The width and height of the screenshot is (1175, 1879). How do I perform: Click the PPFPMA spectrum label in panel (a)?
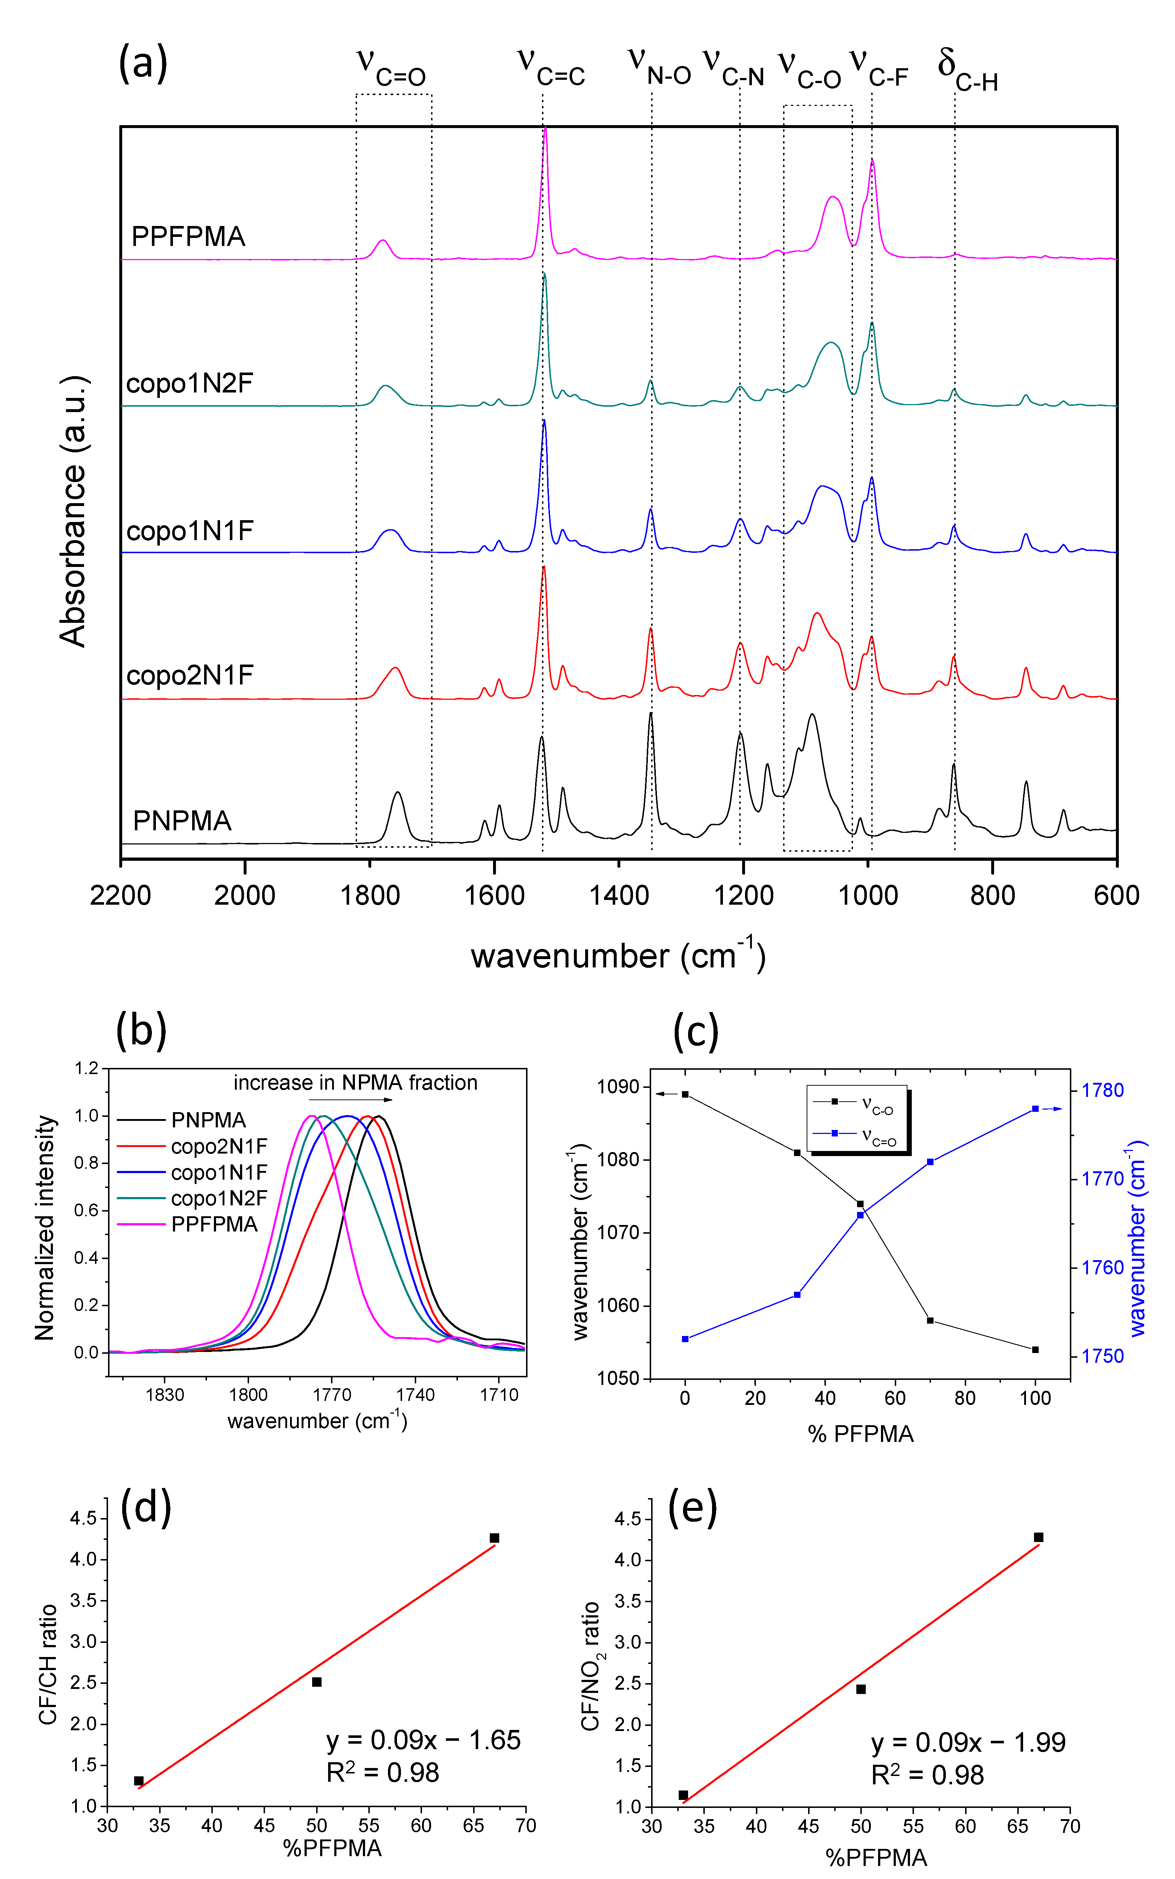pos(188,237)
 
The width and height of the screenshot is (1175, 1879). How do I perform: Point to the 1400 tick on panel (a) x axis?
pos(618,896)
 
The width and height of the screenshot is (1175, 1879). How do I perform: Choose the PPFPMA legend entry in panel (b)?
pos(214,1224)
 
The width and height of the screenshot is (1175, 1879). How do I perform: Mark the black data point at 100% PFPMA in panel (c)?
pos(1035,1350)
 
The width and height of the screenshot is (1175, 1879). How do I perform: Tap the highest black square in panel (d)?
pos(494,1538)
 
